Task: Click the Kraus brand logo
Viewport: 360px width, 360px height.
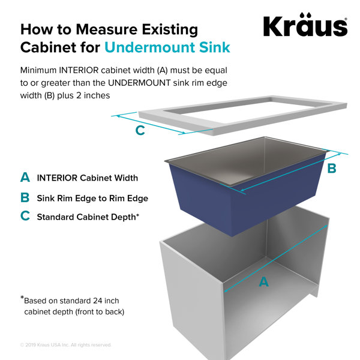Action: point(305,25)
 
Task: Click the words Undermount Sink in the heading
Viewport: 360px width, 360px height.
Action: point(167,47)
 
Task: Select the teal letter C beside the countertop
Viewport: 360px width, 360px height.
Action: point(140,130)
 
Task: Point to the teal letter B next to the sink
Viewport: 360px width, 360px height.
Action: point(332,168)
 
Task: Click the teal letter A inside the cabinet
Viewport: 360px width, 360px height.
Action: point(264,282)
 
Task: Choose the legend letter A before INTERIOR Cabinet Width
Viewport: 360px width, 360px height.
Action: point(25,177)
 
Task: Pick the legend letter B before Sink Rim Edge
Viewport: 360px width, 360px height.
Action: point(25,197)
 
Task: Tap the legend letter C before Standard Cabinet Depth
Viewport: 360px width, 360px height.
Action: point(25,216)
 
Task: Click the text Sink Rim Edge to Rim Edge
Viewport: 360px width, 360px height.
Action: point(92,199)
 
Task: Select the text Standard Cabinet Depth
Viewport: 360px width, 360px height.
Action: point(86,217)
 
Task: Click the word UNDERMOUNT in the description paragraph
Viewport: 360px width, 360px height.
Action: point(139,83)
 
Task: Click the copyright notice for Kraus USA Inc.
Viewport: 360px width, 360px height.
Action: point(65,345)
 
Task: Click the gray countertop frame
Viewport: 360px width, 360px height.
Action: point(243,115)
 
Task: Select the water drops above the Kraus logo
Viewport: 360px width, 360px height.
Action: point(306,14)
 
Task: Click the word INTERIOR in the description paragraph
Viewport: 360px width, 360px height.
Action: point(79,70)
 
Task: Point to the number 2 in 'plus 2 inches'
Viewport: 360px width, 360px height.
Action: point(79,95)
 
